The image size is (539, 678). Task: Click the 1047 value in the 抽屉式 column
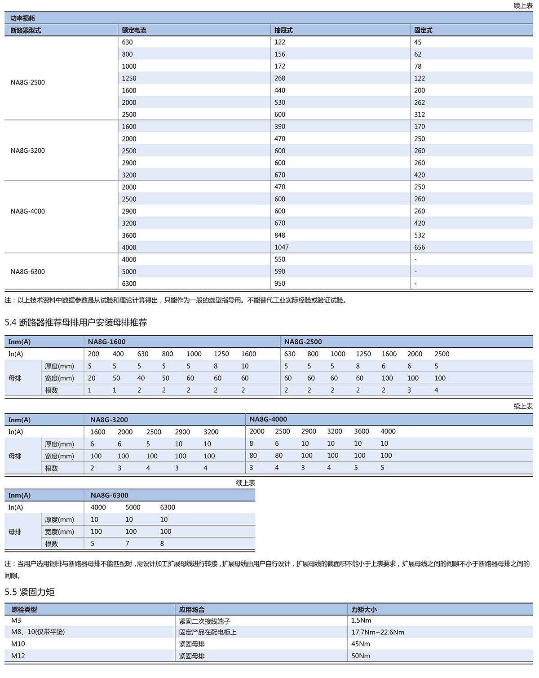coord(282,247)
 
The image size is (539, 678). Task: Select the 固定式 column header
coord(423,30)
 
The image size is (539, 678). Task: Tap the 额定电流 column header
coord(134,30)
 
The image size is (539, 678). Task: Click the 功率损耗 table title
coord(22,18)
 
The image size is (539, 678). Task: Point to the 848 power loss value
coord(280,235)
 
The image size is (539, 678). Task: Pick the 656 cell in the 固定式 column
coord(420,247)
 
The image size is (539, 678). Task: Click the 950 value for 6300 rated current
coord(280,284)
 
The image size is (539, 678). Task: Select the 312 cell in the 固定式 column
coord(420,115)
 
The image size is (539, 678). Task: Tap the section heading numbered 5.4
coord(76,322)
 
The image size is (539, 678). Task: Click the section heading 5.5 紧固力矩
coord(30,592)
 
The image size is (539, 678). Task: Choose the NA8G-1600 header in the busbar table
coord(107,341)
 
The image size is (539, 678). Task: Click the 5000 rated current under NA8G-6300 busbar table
coord(133,507)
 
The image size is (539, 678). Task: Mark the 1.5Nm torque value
coord(361,620)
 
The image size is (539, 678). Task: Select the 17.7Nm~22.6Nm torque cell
coord(378,632)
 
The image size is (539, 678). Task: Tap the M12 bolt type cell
coord(18,656)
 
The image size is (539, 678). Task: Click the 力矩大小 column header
coord(364,610)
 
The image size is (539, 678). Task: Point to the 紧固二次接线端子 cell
coord(204,621)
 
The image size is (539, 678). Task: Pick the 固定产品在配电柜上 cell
coord(208,632)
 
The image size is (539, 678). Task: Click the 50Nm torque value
coord(361,656)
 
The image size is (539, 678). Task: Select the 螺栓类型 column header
coord(24,610)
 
